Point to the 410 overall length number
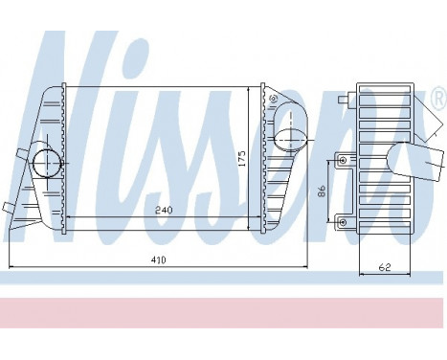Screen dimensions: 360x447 click(x=157, y=260)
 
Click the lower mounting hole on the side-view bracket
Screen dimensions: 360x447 click(x=342, y=222)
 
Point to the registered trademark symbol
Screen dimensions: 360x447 click(x=438, y=98)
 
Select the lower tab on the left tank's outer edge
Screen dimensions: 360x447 click(x=9, y=207)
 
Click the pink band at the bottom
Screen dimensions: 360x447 click(x=223, y=310)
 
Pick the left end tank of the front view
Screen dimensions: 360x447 click(x=38, y=163)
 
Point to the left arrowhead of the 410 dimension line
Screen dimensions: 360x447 click(x=10, y=266)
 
